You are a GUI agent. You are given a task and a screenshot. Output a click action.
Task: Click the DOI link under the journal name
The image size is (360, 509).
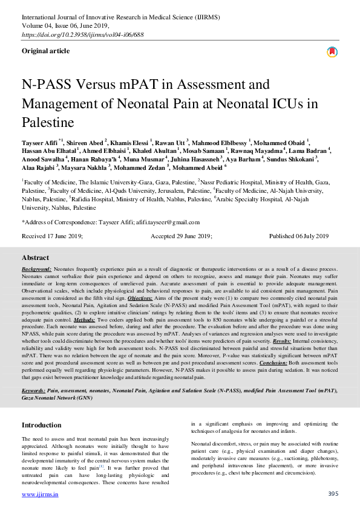[x=91, y=36]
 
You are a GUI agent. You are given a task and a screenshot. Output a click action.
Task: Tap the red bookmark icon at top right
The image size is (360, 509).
[x=332, y=52]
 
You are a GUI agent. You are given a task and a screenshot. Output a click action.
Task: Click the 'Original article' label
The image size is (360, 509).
[x=45, y=51]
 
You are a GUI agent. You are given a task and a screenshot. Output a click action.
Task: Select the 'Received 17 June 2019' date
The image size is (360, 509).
[x=52, y=236]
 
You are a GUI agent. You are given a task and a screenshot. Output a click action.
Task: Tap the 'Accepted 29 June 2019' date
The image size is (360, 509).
[x=181, y=236]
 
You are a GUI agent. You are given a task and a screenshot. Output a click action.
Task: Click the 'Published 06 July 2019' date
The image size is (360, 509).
[x=299, y=236]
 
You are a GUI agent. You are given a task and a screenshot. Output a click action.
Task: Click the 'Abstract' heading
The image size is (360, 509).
[x=35, y=258]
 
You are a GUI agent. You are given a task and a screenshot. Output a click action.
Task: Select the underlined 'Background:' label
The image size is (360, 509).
[x=37, y=268]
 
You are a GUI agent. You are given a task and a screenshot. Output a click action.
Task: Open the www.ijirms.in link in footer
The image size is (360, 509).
[x=40, y=494]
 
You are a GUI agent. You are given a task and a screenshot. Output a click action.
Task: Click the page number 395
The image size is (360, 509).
[x=332, y=494]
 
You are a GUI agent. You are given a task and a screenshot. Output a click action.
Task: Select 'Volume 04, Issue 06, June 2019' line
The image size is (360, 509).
[x=65, y=26]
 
